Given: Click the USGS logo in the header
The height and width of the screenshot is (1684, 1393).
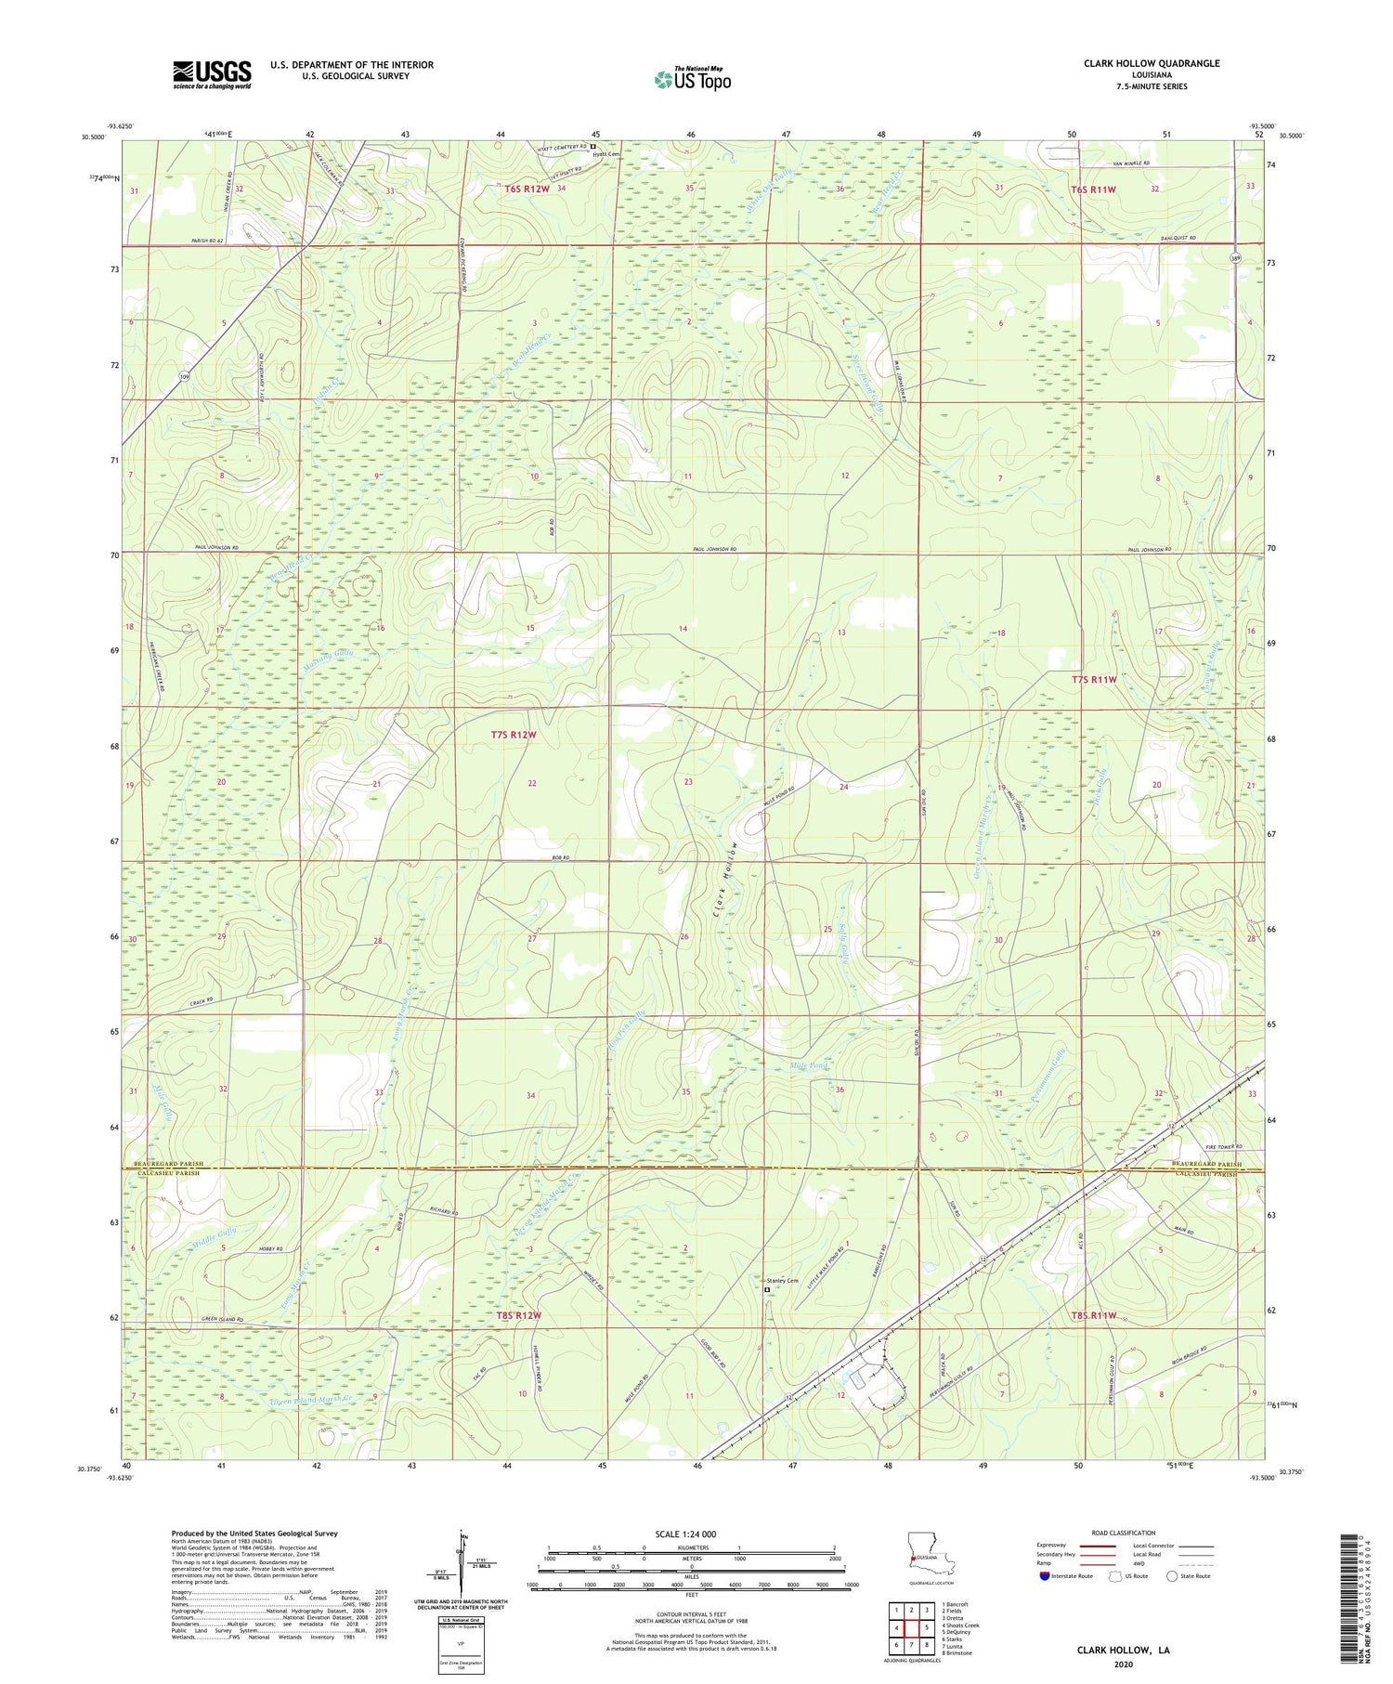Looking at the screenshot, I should coord(212,74).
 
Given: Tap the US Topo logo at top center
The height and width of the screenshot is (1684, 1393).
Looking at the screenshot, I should coord(692,80).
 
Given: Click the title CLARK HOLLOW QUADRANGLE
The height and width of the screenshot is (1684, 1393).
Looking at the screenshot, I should coord(1152,63).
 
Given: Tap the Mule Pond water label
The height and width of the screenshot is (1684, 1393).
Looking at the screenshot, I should coord(807,1065).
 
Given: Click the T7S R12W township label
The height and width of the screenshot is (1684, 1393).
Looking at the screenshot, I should coord(514,735).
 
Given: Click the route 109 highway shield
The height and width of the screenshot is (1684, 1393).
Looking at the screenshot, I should coord(185,377).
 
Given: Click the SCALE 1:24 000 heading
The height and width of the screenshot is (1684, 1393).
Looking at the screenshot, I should coord(684,1534).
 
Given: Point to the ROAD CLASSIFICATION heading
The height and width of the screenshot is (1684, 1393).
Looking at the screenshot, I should coord(1124,1533).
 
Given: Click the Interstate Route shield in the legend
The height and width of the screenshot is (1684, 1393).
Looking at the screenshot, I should coord(1045,1576).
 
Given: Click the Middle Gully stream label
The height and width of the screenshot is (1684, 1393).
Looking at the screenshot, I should coord(214,1237).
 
